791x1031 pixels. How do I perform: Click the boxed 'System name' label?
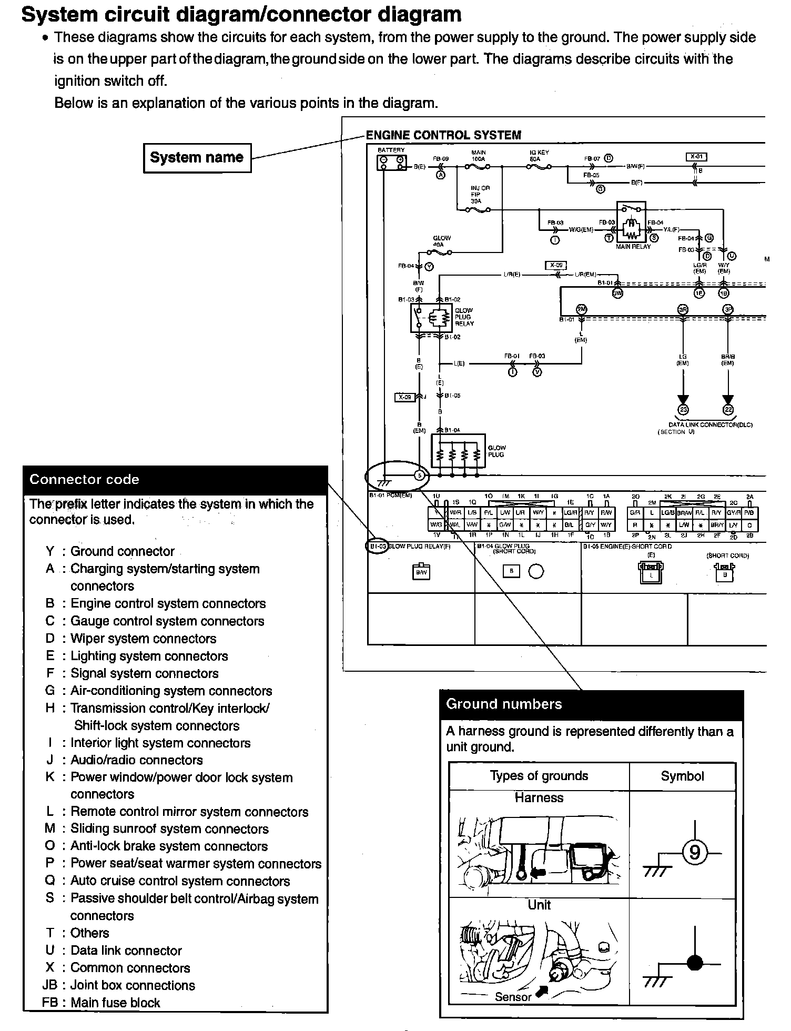click(197, 157)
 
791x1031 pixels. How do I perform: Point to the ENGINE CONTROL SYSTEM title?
click(443, 135)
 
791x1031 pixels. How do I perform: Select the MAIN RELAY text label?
click(633, 246)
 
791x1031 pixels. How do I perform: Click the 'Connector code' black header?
click(175, 479)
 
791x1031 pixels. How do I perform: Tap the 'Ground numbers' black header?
click(591, 704)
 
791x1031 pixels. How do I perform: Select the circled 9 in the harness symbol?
click(695, 852)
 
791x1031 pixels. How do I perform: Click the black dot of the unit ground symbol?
click(695, 963)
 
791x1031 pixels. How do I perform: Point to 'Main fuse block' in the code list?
click(115, 1003)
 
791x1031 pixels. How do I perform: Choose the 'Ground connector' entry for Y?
click(122, 551)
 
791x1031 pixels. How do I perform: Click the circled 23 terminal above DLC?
click(683, 410)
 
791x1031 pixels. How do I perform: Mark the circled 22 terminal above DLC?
click(728, 410)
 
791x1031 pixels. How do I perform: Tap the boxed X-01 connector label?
click(697, 157)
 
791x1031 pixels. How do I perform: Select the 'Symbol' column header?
click(682, 776)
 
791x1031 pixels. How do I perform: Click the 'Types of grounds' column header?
click(539, 776)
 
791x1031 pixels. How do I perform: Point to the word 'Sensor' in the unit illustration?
click(513, 996)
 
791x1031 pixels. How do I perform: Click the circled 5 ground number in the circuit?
click(419, 476)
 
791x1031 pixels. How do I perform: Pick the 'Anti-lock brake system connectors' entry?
click(169, 846)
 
